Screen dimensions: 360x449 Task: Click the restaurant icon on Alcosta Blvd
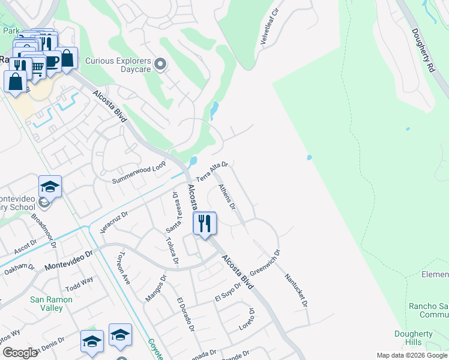point(205,224)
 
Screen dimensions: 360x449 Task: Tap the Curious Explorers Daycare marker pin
point(160,64)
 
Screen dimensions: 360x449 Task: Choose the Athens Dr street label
point(227,197)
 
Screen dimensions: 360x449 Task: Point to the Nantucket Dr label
point(296,290)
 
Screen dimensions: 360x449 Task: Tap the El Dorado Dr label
point(185,314)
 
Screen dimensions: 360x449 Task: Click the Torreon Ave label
point(123,267)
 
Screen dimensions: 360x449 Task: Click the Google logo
point(20,353)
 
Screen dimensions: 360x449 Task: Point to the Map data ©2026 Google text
point(411,355)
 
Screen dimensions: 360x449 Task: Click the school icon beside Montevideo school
point(50,187)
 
